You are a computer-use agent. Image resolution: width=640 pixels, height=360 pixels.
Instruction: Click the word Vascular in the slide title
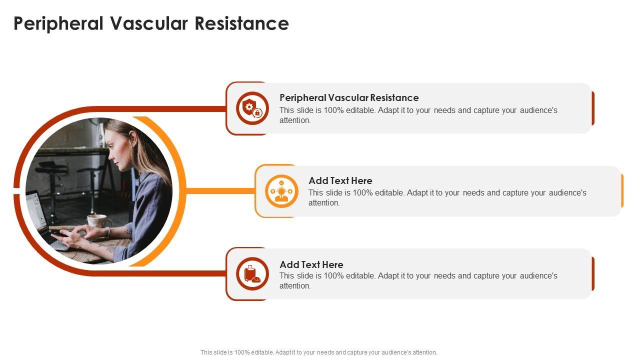pyautogui.click(x=149, y=23)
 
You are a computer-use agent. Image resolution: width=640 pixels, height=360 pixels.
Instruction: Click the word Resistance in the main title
pyautogui.click(x=241, y=23)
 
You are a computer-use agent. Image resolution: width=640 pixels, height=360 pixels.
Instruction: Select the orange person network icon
pyautogui.click(x=281, y=191)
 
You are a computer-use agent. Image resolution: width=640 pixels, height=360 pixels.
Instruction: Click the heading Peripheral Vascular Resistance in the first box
pyautogui.click(x=349, y=97)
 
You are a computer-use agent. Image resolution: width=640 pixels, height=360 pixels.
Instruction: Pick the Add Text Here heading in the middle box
pyautogui.click(x=340, y=180)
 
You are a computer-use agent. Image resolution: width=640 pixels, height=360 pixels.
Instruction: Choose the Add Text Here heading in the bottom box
pyautogui.click(x=311, y=264)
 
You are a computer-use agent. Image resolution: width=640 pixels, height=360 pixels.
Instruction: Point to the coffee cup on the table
pyautogui.click(x=99, y=221)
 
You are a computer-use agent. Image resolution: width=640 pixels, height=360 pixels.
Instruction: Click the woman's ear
pyautogui.click(x=132, y=137)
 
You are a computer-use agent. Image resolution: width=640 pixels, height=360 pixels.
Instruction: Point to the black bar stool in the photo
pyautogui.click(x=51, y=185)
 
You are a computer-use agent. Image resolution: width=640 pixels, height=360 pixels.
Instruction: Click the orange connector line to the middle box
pyautogui.click(x=220, y=191)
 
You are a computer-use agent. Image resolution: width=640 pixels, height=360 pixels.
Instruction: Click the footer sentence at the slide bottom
pyautogui.click(x=319, y=352)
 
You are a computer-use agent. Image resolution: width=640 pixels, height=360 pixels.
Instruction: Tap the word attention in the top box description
pyautogui.click(x=294, y=120)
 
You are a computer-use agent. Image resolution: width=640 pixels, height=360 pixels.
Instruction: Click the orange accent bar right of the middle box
pyautogui.click(x=622, y=191)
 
